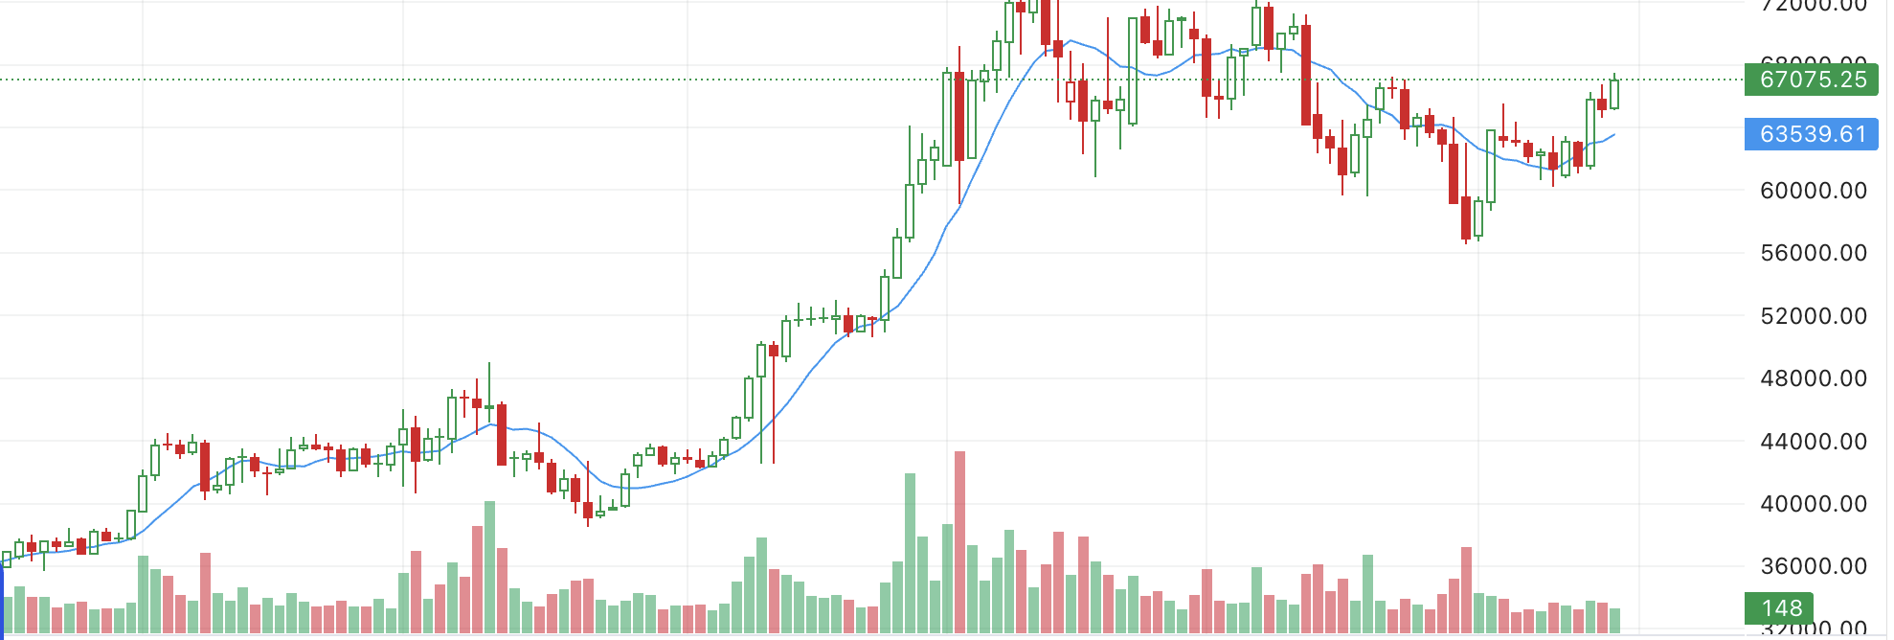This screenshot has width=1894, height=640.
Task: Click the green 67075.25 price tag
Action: tap(1811, 80)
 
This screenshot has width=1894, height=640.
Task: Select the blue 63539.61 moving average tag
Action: tap(1811, 134)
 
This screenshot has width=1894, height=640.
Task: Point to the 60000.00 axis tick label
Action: tap(1813, 191)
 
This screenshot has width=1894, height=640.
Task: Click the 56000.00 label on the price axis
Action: tap(1813, 253)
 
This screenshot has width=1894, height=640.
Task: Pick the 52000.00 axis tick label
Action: tap(1813, 316)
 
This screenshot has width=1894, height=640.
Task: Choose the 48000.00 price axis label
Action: tap(1813, 378)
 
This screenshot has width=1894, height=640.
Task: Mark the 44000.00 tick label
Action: tap(1813, 442)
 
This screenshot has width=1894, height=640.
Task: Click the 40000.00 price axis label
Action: tap(1813, 504)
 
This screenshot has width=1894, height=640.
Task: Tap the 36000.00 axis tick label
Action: tap(1813, 566)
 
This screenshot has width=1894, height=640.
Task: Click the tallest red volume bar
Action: tap(959, 541)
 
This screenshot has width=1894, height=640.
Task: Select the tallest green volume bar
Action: tap(910, 553)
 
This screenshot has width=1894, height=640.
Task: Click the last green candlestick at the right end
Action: tap(1614, 94)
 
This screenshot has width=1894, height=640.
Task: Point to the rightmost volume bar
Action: tap(1614, 620)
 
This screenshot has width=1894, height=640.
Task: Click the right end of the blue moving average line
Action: tap(1614, 135)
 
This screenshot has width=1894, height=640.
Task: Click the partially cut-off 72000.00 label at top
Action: tap(1813, 6)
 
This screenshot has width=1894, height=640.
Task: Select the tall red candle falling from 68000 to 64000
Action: tap(1306, 75)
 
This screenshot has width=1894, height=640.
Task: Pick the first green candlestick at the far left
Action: tap(8, 559)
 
